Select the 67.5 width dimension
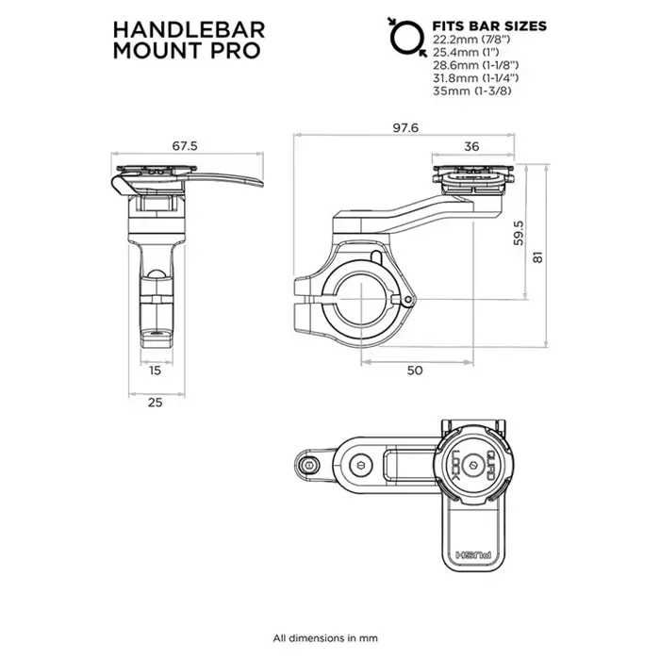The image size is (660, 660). (184, 145)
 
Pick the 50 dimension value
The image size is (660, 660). (414, 371)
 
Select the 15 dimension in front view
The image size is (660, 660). (156, 371)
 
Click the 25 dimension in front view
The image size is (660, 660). (156, 403)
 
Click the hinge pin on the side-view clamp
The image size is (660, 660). (407, 300)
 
